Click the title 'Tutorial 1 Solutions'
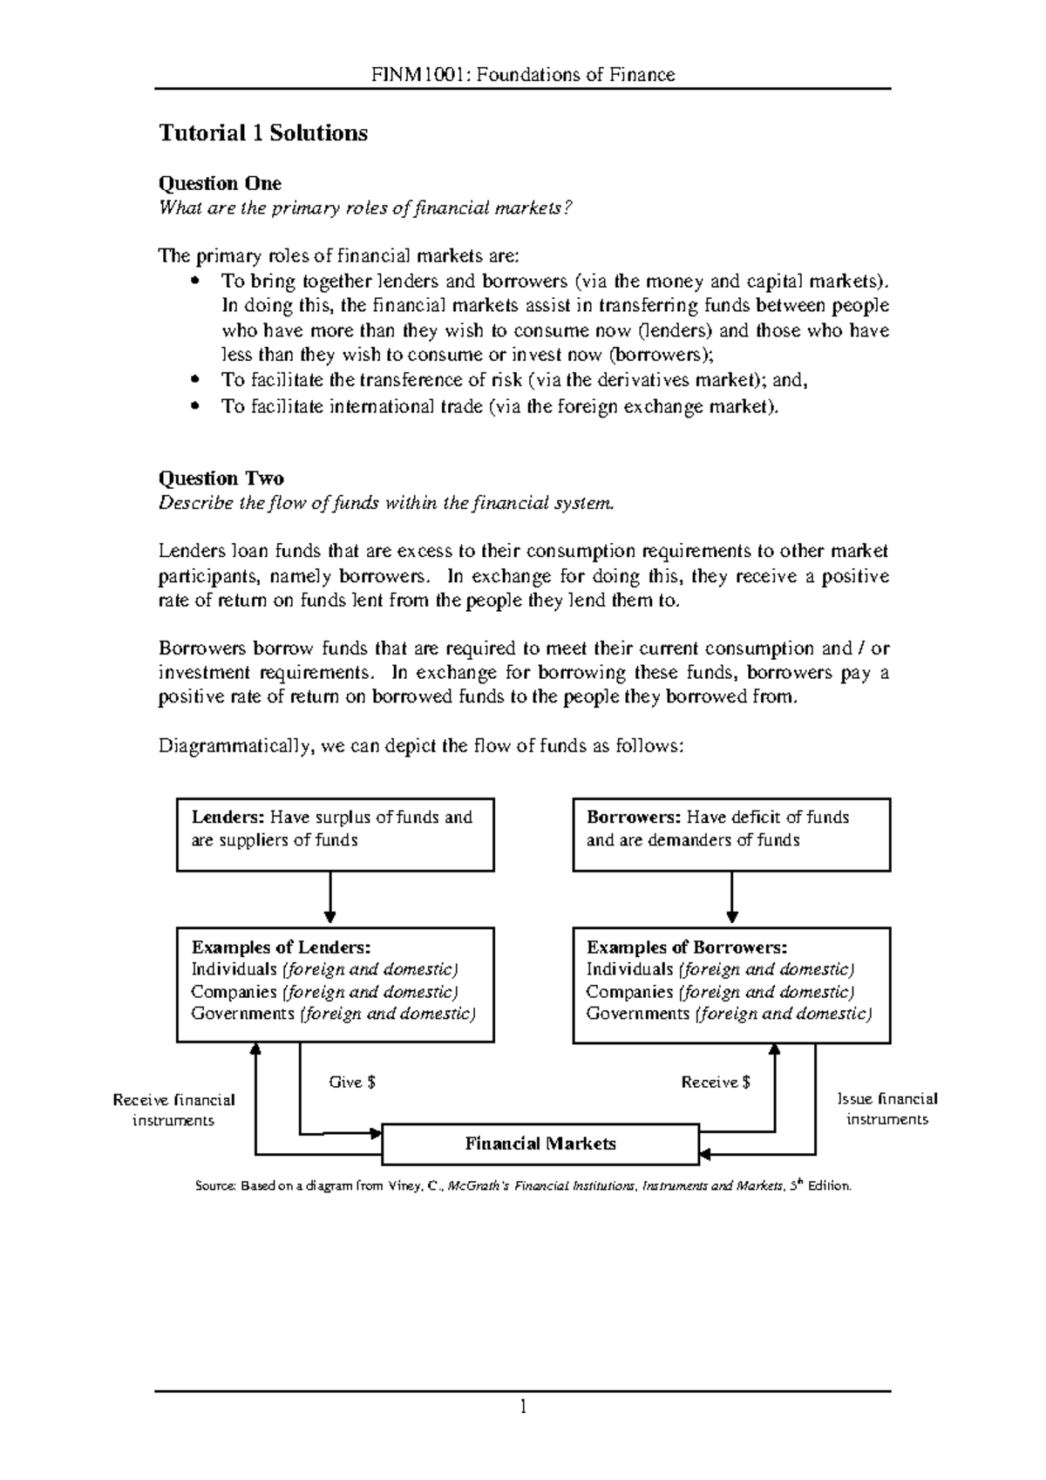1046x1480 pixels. coord(262,133)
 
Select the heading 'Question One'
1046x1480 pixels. coord(219,183)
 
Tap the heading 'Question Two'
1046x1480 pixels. coord(221,478)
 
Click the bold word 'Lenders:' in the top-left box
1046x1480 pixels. coord(228,818)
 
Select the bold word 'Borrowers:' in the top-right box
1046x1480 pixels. coord(633,818)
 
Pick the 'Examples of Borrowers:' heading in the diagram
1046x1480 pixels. coord(687,947)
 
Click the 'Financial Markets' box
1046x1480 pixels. coord(540,1144)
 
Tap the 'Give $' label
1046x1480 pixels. coord(352,1083)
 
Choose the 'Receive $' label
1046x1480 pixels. coord(716,1083)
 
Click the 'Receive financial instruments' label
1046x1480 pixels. coord(173,1110)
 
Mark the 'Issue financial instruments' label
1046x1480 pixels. coord(887,1109)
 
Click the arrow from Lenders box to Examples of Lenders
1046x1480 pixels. coord(330,898)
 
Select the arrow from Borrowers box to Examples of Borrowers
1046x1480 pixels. coord(732,898)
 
